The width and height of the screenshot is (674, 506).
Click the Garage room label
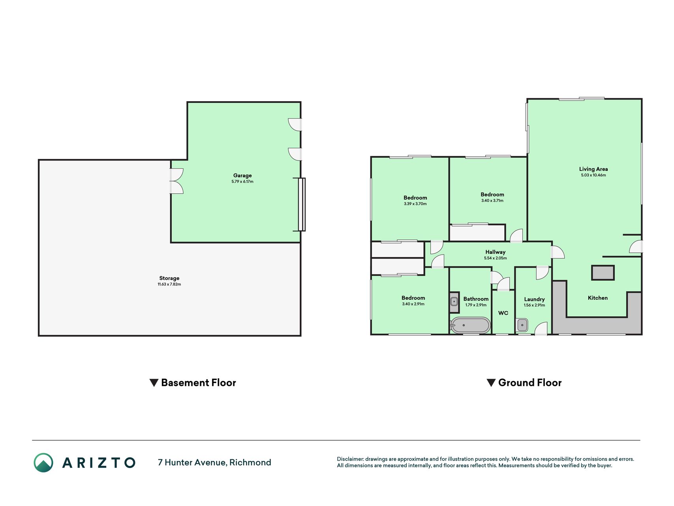(x=242, y=176)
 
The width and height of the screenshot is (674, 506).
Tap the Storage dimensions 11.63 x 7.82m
(x=169, y=284)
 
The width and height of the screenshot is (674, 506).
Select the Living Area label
(x=593, y=169)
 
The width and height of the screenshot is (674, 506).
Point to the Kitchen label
(x=598, y=298)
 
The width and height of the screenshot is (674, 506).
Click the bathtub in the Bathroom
(x=470, y=325)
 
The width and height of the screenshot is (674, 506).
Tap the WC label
(x=503, y=313)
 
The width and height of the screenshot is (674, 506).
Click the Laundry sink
(x=522, y=325)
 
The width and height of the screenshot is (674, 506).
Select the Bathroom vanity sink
(x=454, y=302)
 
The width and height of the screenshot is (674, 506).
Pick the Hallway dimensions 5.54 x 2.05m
(x=496, y=258)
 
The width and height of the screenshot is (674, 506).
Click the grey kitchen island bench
(x=603, y=273)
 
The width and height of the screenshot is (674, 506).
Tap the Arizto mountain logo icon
(x=43, y=463)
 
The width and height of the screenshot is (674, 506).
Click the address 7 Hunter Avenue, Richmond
(x=214, y=463)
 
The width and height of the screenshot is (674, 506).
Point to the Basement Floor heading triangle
(x=154, y=383)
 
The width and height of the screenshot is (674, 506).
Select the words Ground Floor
(x=530, y=383)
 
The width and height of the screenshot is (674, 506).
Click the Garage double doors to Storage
(x=176, y=181)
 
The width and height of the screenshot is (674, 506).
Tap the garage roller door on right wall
(x=302, y=204)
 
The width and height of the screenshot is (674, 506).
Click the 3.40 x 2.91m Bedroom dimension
(x=413, y=304)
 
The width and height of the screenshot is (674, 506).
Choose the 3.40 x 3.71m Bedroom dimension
(x=492, y=200)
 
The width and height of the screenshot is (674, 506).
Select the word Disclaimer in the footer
(x=350, y=459)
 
